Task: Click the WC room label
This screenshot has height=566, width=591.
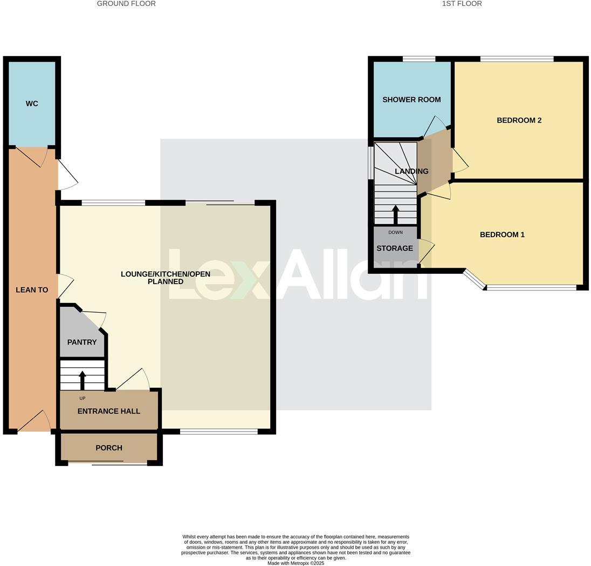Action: (32, 104)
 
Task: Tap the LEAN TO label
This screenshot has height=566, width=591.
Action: (32, 290)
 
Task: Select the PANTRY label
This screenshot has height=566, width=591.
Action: (82, 342)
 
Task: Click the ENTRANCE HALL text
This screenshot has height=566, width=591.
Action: (108, 411)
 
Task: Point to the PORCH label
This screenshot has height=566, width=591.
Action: (108, 448)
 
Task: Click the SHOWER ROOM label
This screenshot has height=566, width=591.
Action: (411, 99)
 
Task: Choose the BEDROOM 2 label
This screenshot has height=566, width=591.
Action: (519, 120)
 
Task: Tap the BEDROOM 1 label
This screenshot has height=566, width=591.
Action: (502, 234)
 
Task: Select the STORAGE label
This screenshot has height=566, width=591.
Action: (395, 248)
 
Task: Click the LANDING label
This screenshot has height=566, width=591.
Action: (411, 171)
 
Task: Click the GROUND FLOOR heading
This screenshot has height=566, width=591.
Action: (126, 4)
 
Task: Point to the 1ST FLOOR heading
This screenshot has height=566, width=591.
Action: (462, 4)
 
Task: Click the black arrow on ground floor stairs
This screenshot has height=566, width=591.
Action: (83, 380)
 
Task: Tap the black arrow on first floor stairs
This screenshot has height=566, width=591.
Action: (396, 214)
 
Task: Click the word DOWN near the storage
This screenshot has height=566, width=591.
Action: (395, 233)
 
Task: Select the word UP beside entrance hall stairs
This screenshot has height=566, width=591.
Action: (83, 399)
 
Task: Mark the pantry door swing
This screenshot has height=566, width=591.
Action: (96, 319)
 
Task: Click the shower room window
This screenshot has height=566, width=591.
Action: (419, 59)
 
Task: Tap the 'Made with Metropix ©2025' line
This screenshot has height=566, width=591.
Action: (295, 563)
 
